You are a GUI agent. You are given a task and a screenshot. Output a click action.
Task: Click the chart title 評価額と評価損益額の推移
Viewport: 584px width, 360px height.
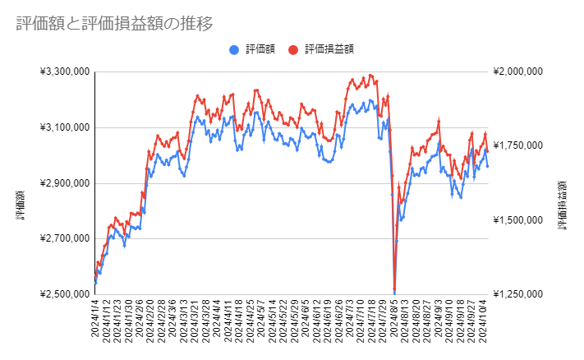114,24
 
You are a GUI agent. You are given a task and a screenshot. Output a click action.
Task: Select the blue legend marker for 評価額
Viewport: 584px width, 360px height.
235,49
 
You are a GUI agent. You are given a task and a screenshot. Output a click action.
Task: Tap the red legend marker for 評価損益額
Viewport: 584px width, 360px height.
294,49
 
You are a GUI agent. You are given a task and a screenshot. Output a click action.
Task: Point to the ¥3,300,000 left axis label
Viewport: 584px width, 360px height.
64,72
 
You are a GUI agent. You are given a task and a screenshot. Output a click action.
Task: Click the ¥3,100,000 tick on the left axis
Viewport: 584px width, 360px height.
64,127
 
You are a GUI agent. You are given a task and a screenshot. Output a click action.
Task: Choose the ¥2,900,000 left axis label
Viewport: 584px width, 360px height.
64,183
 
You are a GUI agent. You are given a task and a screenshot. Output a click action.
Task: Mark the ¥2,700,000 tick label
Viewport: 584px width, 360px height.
64,238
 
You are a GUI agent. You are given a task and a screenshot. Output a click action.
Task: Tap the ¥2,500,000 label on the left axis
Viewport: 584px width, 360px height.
64,294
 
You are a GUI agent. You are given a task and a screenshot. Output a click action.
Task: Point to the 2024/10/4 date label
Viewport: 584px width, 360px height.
486,324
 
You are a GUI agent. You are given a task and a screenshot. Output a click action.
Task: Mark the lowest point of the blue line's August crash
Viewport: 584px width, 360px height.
394,292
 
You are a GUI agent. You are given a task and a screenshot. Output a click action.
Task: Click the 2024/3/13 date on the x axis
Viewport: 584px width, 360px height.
182,324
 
